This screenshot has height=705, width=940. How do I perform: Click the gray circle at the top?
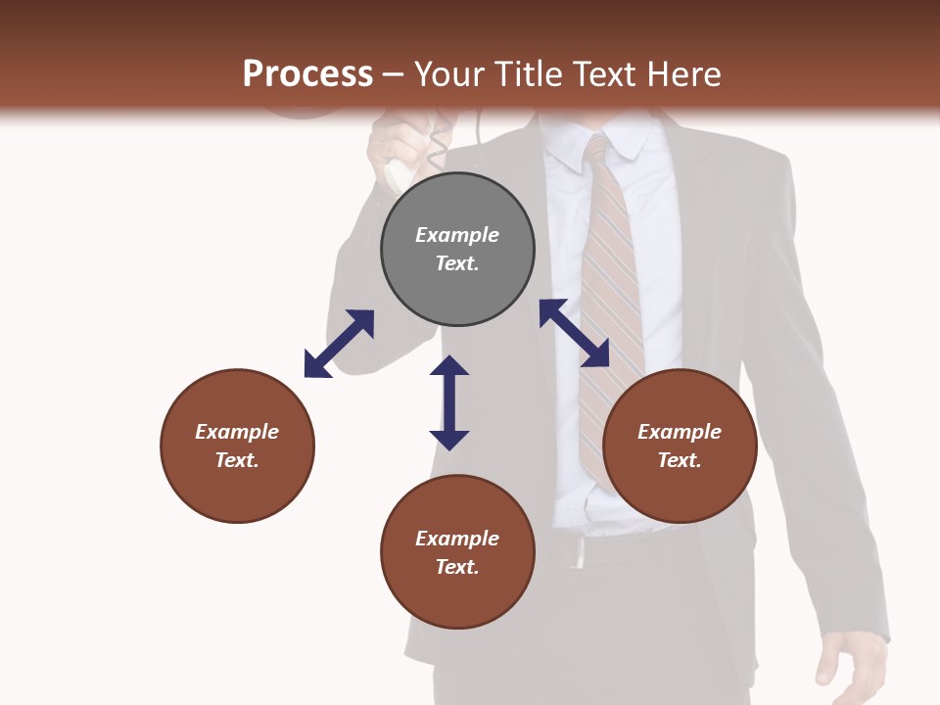coord(457,250)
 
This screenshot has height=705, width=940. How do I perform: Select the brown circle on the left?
coord(237,446)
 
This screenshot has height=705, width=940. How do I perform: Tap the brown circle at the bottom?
coord(457,552)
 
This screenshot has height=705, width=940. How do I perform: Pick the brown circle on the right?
coord(680,446)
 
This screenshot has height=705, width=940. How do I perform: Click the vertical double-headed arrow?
coord(449,402)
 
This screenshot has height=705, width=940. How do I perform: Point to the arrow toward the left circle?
coord(339,344)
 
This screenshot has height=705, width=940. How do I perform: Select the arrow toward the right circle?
coord(575,333)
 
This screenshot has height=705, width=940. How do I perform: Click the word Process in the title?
coord(307,74)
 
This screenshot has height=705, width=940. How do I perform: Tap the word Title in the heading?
coord(532,74)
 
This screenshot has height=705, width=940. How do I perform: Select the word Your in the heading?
coord(450,74)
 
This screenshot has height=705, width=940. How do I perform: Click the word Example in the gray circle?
coord(457,235)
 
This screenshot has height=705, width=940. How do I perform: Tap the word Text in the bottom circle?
coord(457,567)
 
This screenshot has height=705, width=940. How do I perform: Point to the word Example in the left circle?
coord(237,432)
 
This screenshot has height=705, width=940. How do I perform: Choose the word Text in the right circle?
coord(680,460)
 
